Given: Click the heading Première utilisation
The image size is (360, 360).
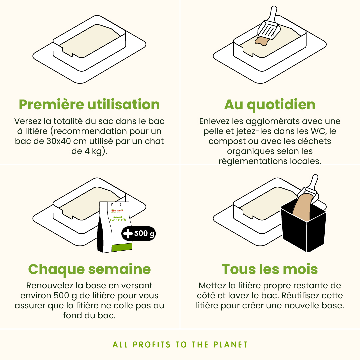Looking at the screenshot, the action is tap(89, 105).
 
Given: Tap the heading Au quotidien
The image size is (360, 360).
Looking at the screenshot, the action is tap(270, 105).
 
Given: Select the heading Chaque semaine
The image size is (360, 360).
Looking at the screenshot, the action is tap(89, 269).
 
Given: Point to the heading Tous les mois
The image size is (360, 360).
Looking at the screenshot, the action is tap(270, 269).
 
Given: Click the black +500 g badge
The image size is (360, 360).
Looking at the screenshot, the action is tap(138, 233).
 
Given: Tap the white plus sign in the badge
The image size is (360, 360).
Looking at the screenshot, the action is tap(128, 233).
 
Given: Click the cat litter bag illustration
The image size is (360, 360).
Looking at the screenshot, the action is tap(115, 227).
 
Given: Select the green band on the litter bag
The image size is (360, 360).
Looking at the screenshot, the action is tap(122, 247).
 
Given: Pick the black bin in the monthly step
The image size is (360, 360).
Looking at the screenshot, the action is tap(304, 230).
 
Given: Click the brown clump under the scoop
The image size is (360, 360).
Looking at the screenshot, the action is tap(261, 41).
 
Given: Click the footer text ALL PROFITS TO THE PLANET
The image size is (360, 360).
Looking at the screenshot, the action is tap(180, 345).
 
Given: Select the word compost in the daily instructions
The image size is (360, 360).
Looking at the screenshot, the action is tap(227, 141).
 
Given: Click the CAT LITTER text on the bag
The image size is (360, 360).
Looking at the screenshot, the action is tap(118, 220).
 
